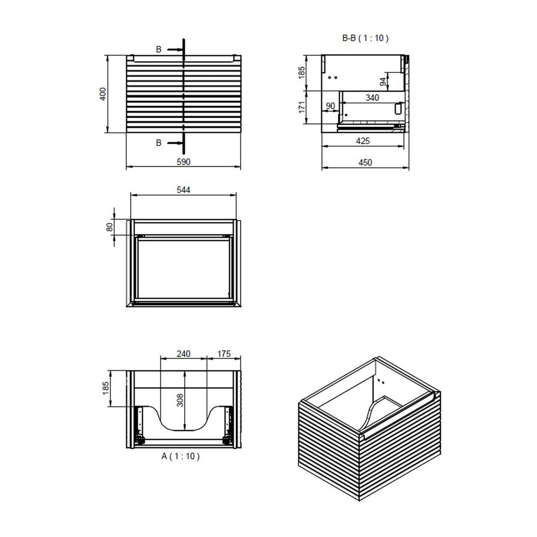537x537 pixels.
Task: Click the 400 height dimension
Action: coord(103,94)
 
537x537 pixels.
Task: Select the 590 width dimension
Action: coord(183,162)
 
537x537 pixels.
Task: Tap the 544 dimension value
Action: coord(183,190)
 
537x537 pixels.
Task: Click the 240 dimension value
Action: coord(183,353)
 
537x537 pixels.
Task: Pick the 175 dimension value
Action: coord(224,353)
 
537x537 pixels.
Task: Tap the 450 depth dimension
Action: coord(365,162)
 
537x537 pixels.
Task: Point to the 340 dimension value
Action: coord(372,98)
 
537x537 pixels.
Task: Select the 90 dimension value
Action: coord(330,106)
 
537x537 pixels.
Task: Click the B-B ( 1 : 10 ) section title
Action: coord(365,38)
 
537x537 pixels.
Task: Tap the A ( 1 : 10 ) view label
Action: coord(180,456)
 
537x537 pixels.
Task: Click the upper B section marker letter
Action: coord(158,50)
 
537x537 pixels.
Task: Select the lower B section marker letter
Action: coord(158,143)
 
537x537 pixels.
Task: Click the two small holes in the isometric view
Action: coord(381,380)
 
